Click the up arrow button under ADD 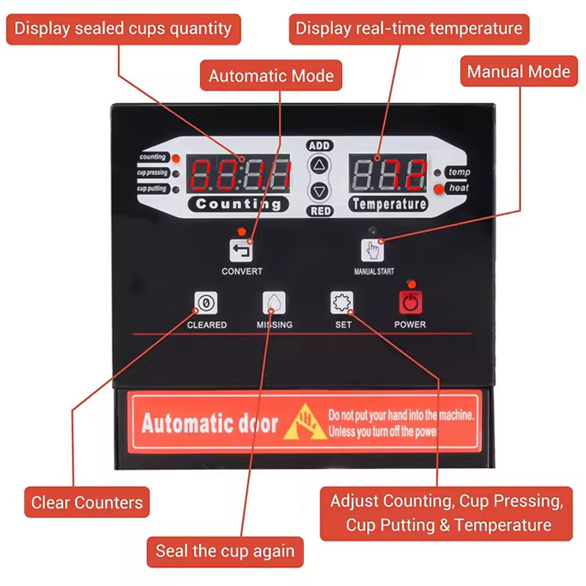click(x=319, y=166)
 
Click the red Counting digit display click(x=240, y=175)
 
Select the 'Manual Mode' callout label click(x=518, y=72)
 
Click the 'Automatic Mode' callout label click(x=271, y=75)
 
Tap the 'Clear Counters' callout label click(x=86, y=502)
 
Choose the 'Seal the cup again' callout click(x=225, y=551)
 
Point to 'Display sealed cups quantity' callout click(x=123, y=29)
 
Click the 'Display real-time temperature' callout click(x=409, y=29)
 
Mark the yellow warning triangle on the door click(x=305, y=423)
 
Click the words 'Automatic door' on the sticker click(x=209, y=423)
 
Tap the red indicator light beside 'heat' click(x=438, y=188)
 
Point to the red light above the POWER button click(x=411, y=283)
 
